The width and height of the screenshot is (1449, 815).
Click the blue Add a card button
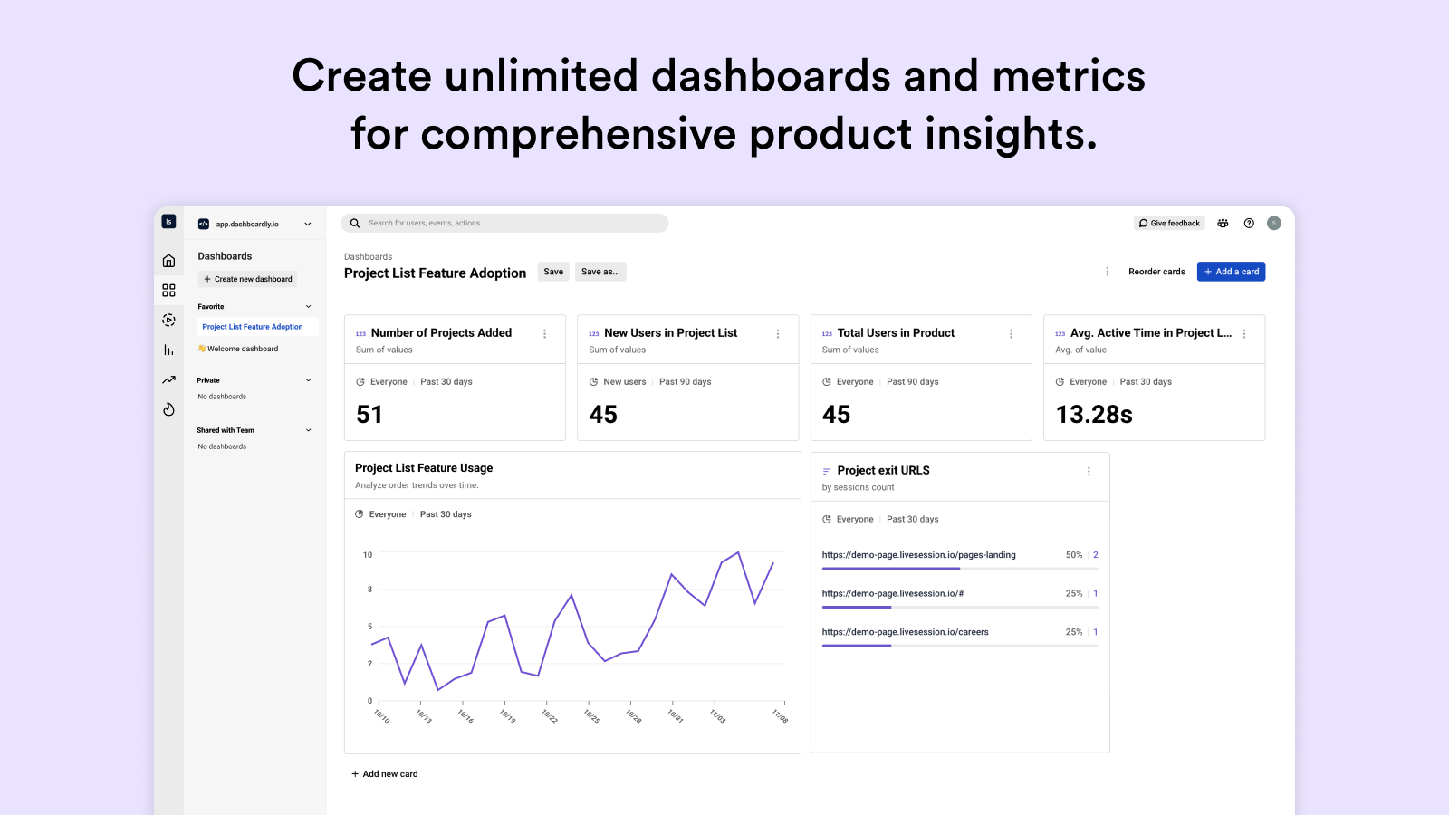[1231, 272]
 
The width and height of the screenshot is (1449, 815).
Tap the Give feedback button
[1169, 223]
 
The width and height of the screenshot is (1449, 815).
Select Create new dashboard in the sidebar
[248, 279]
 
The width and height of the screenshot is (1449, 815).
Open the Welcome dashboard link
[242, 349]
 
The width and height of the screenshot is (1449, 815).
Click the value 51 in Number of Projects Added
[369, 415]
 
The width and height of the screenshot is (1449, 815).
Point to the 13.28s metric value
[1094, 415]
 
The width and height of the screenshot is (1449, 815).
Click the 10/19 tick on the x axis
[507, 715]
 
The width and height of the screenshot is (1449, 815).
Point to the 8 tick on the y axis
[369, 590]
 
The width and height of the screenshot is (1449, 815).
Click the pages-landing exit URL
[918, 555]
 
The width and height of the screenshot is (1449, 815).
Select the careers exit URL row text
[905, 632]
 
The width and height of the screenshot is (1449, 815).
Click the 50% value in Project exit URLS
[1073, 555]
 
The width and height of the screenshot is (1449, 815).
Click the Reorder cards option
[1156, 272]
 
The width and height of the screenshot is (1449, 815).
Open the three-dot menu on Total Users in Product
[1011, 334]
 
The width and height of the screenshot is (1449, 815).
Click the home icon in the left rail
[168, 261]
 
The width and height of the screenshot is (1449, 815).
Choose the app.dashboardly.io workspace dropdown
[254, 224]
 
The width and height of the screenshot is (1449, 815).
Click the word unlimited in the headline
[541, 75]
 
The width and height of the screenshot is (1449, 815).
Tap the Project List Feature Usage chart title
[424, 468]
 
